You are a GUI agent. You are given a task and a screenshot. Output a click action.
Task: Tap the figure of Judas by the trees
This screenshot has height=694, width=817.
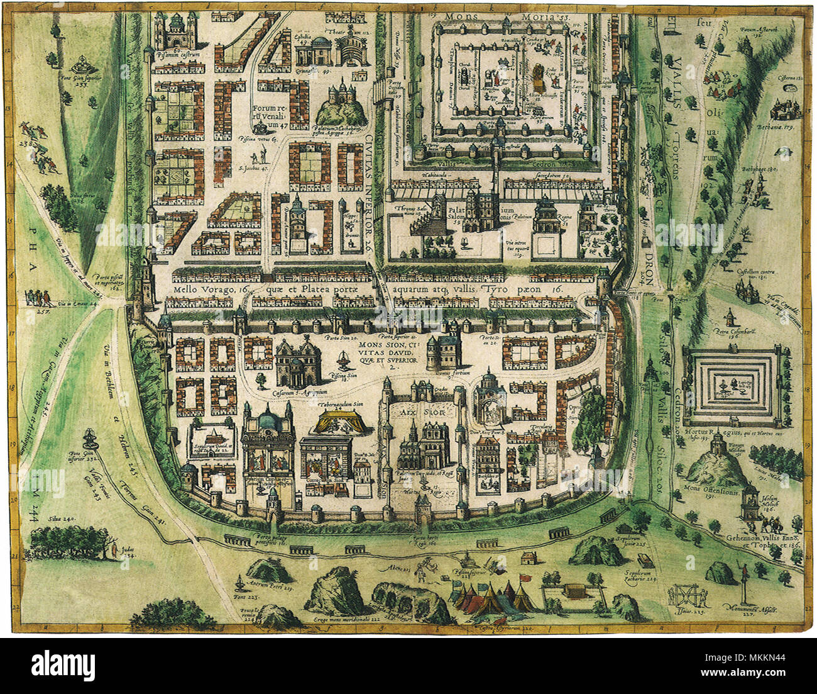114,550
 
